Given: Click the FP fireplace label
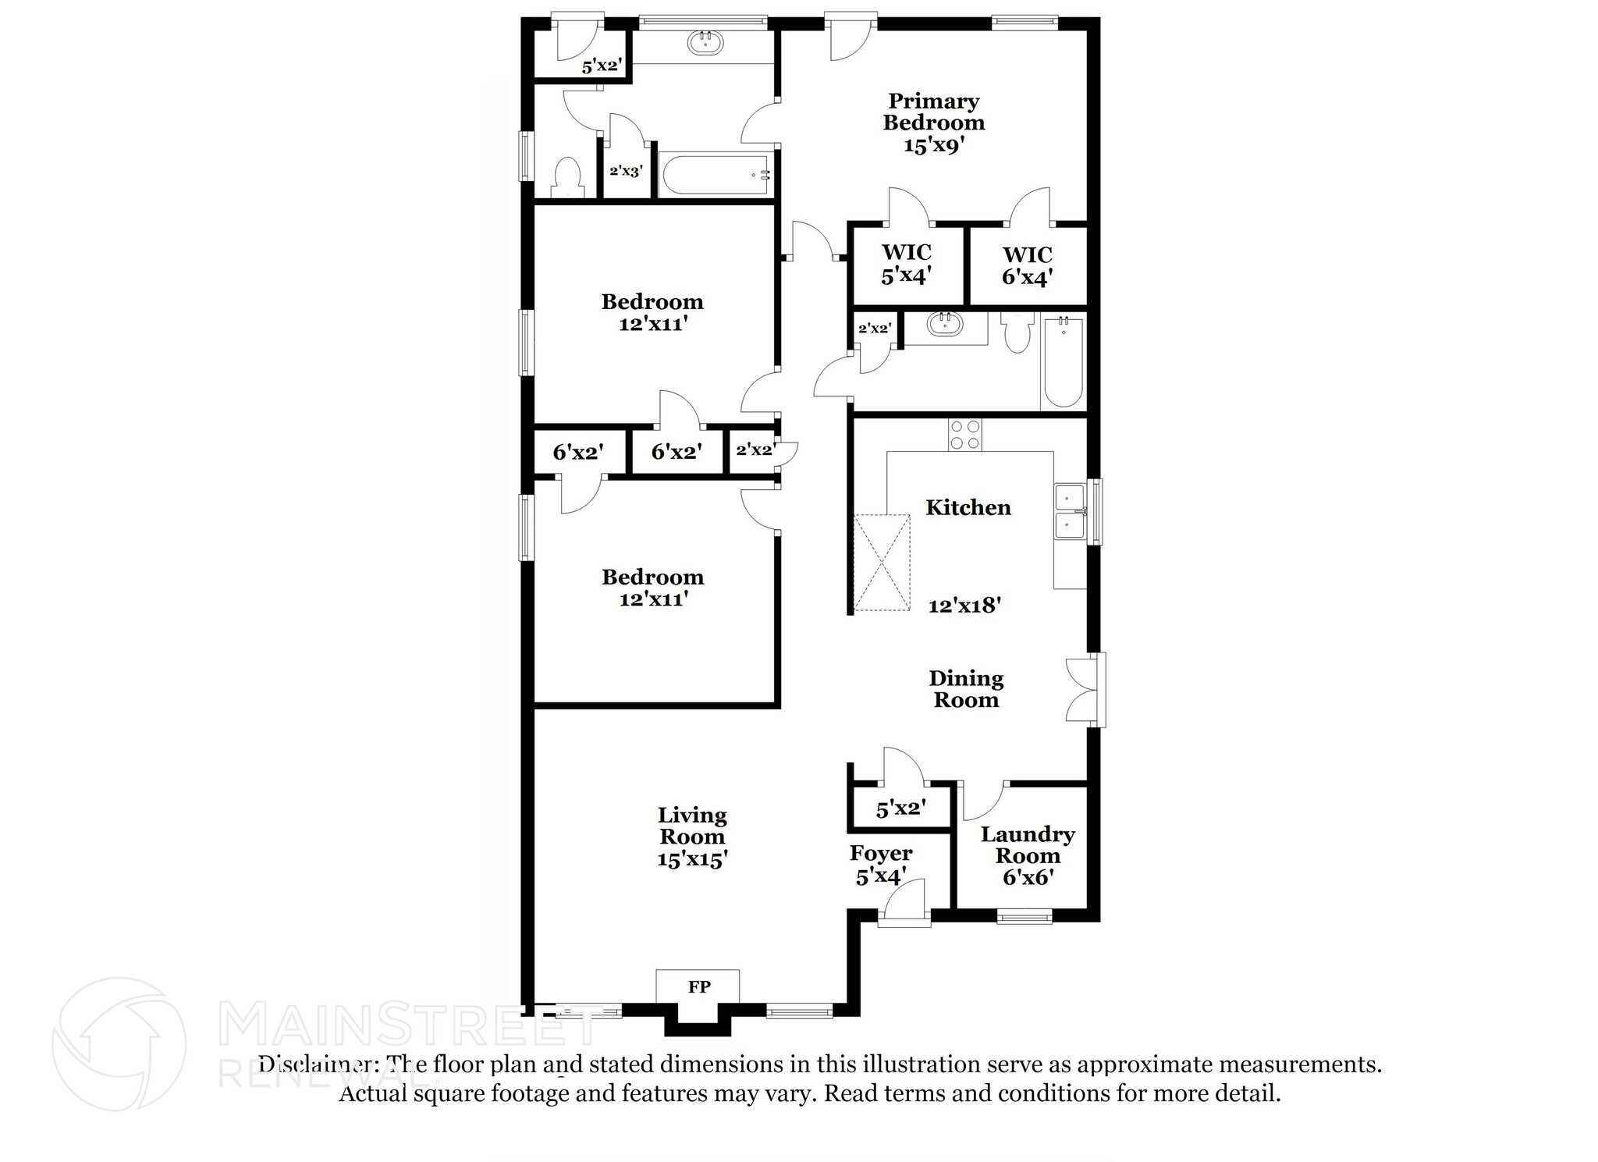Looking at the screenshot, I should pyautogui.click(x=698, y=987).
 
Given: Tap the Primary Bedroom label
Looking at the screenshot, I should pyautogui.click(x=933, y=112).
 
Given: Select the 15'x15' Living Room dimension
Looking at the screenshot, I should pyautogui.click(x=692, y=859).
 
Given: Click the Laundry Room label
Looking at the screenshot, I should pyautogui.click(x=1027, y=845).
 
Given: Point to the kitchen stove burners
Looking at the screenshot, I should pyautogui.click(x=965, y=435).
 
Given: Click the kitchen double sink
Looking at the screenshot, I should pyautogui.click(x=1070, y=511).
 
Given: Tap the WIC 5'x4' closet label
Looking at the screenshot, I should pyautogui.click(x=906, y=264).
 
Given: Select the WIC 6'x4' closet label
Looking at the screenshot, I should pyautogui.click(x=1027, y=265).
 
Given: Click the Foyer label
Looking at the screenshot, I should pyautogui.click(x=881, y=853).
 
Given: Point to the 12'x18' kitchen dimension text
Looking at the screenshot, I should pyautogui.click(x=964, y=605).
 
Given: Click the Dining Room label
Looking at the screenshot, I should pyautogui.click(x=966, y=689).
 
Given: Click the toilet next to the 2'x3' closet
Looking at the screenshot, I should pyautogui.click(x=567, y=178).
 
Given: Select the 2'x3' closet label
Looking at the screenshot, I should pyautogui.click(x=626, y=171).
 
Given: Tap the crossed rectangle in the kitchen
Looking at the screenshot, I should pyautogui.click(x=882, y=562).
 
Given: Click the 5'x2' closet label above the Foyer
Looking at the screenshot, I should pyautogui.click(x=900, y=809).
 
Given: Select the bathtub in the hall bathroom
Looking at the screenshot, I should pyautogui.click(x=1063, y=361).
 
